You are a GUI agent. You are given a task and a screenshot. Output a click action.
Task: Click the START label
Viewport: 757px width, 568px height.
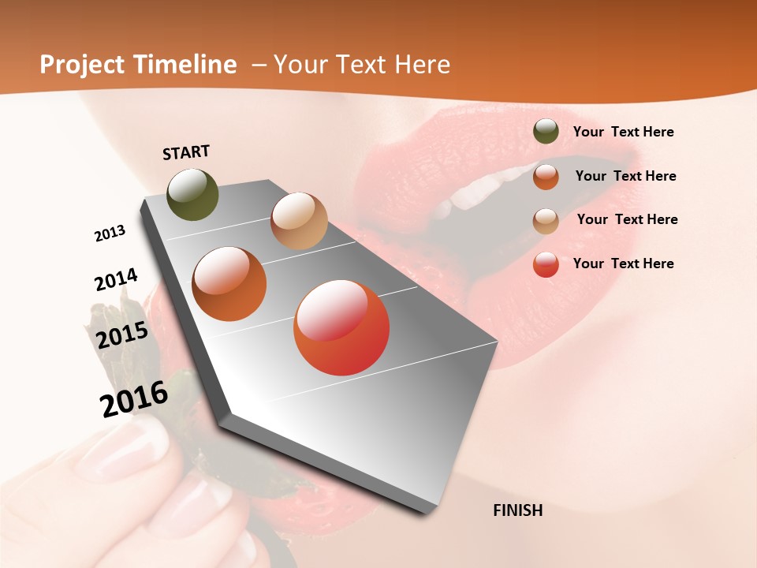(186, 152)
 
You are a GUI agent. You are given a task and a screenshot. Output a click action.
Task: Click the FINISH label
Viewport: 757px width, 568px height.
(517, 510)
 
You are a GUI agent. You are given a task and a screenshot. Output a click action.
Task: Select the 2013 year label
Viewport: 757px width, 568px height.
(110, 234)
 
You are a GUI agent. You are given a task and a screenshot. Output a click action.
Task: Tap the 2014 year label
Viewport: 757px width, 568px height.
(116, 279)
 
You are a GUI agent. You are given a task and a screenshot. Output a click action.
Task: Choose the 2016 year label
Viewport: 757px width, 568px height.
(134, 398)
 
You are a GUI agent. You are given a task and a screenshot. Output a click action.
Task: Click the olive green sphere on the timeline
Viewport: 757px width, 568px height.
(192, 194)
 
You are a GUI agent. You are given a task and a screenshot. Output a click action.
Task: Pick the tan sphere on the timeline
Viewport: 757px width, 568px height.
(299, 221)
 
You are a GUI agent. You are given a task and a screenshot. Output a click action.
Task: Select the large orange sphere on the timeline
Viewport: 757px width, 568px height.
(229, 283)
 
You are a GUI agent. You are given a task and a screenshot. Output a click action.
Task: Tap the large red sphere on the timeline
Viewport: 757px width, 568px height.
(341, 327)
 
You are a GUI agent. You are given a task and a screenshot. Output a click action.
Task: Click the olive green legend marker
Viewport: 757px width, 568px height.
(546, 132)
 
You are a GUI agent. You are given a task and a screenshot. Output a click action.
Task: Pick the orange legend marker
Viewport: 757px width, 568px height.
(546, 176)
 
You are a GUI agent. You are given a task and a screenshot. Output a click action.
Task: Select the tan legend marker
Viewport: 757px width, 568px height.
(546, 220)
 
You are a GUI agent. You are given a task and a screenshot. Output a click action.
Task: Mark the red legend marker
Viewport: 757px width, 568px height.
(546, 264)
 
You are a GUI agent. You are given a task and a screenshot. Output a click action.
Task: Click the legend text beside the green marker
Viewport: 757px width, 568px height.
(623, 132)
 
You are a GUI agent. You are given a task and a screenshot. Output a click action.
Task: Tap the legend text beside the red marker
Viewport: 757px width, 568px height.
(623, 263)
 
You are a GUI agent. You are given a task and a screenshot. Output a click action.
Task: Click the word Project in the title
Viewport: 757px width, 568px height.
(82, 65)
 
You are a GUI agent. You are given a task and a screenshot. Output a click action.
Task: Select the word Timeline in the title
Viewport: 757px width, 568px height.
(187, 65)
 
